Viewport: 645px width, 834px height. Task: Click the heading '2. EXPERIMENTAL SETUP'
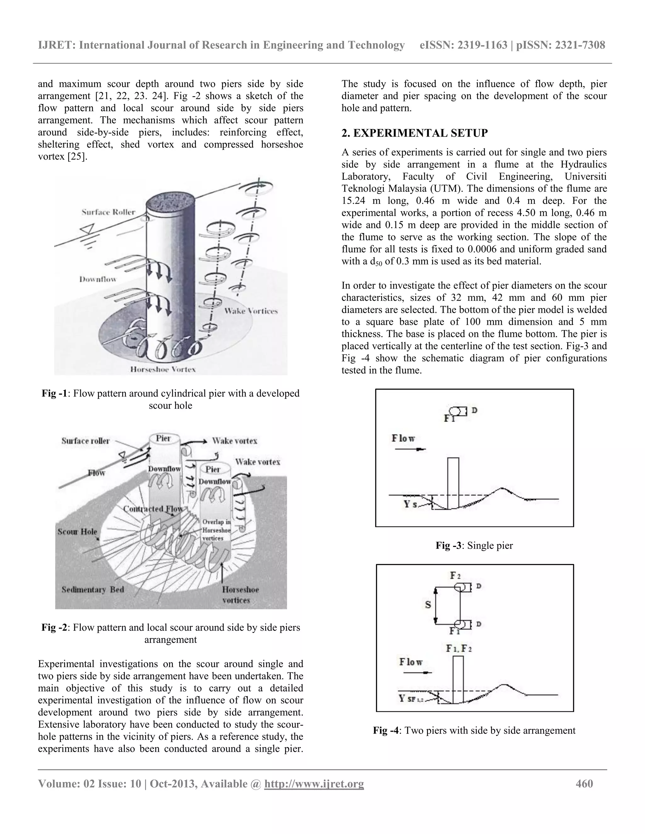tap(414, 133)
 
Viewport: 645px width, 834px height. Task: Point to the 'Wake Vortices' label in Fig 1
tap(251, 311)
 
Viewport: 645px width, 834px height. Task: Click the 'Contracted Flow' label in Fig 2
tap(153, 509)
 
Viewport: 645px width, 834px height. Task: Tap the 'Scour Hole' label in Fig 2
tap(77, 532)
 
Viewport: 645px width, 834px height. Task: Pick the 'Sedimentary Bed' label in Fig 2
tap(93, 589)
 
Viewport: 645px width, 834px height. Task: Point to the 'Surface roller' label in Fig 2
tap(86, 441)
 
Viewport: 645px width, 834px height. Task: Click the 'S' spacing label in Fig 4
tap(428, 605)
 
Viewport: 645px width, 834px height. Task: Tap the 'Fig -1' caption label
tap(54, 393)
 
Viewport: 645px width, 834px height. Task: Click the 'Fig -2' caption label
tap(54, 628)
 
